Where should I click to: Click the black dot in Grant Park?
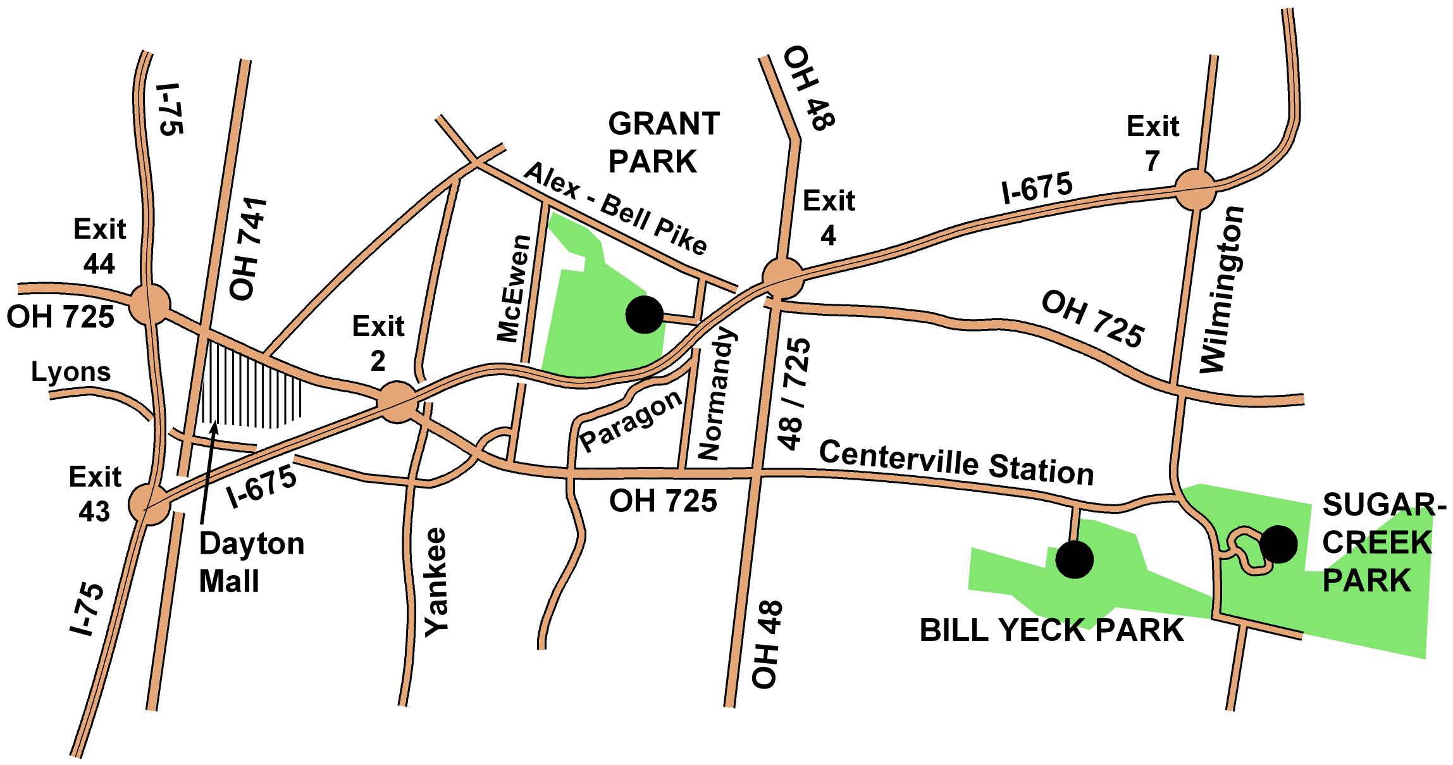(644, 314)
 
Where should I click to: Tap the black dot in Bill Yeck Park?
(1074, 559)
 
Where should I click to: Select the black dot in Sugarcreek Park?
(1278, 544)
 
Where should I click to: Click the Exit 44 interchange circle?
(150, 304)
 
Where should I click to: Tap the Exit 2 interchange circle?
(397, 401)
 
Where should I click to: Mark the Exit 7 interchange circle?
(1195, 189)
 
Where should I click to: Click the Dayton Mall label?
(251, 563)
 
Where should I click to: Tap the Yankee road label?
(436, 582)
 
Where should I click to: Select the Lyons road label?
(71, 372)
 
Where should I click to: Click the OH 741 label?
(248, 249)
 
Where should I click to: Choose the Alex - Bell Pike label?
(615, 208)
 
